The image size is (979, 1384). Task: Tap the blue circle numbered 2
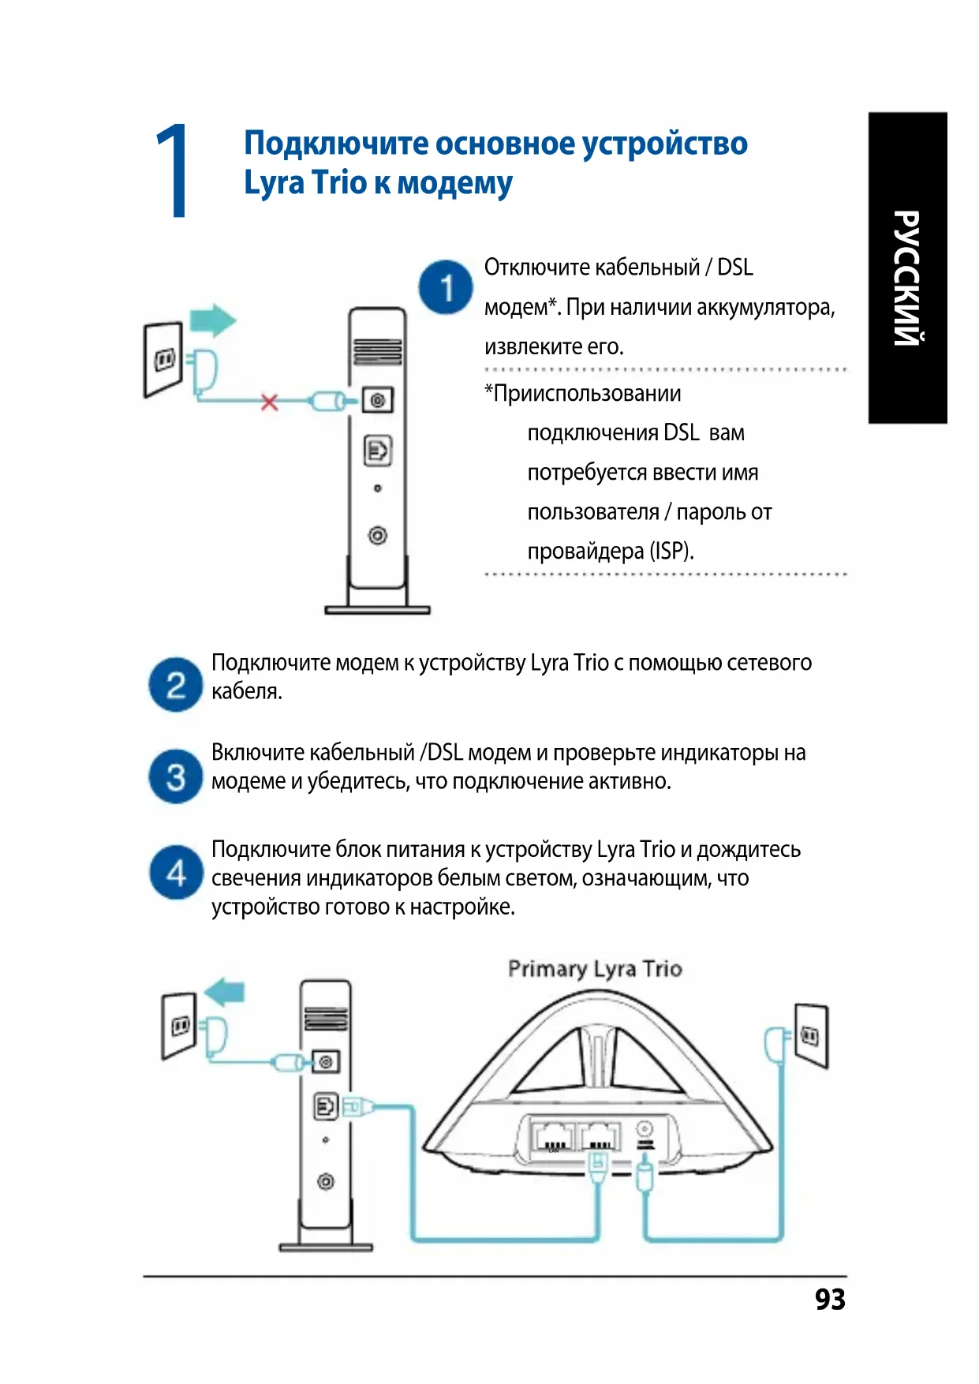175,685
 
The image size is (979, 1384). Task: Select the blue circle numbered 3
175,776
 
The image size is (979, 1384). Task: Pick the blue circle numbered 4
175,873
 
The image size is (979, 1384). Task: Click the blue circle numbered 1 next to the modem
446,287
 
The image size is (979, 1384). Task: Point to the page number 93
830,1299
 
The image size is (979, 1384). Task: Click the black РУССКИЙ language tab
907,268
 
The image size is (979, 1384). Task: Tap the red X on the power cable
270,402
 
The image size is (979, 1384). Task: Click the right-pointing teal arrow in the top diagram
213,320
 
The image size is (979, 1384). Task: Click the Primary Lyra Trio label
595,969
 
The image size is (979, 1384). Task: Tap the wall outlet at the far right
811,1035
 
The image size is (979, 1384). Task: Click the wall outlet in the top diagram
163,359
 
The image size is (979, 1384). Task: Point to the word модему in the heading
454,183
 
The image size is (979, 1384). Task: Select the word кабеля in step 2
246,691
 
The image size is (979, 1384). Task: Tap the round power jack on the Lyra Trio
645,1129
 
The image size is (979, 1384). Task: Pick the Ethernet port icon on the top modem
377,451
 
